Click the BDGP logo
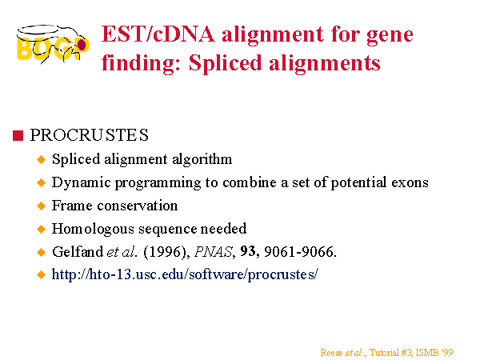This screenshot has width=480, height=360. point(53,44)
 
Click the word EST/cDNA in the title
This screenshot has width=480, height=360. point(158,34)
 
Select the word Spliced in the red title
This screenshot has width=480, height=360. point(225,63)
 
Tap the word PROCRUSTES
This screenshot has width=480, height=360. point(89,135)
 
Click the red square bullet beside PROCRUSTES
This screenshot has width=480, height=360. point(18,135)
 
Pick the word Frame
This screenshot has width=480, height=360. point(72,206)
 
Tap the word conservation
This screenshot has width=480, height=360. point(138,206)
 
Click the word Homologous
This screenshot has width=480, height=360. point(93,229)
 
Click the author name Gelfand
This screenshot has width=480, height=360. point(78,252)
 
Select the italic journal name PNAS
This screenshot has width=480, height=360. point(214,252)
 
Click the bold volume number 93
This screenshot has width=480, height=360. point(249,252)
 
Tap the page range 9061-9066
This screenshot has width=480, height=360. point(300,252)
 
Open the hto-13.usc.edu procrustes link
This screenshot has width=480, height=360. point(186,274)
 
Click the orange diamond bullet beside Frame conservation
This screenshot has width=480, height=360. point(41,206)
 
